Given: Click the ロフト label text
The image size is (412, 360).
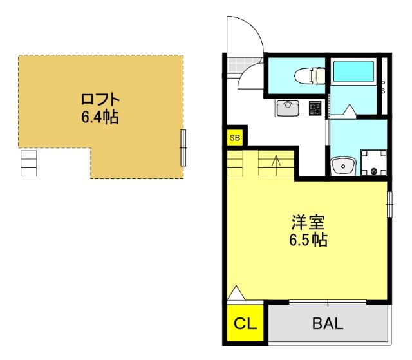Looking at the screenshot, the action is point(100,99).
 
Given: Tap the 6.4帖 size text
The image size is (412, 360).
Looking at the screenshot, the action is point(100,117).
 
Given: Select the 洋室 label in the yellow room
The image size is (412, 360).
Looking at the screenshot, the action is point(308,222).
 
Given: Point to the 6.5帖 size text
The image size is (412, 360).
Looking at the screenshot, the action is point(308,240).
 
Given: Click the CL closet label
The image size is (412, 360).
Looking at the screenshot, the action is point(245,324).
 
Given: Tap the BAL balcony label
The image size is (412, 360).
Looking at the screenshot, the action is point(328,323).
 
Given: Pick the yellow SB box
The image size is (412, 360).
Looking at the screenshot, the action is point(235,137).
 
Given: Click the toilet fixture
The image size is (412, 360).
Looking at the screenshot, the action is point(309,75).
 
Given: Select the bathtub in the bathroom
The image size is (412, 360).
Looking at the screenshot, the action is point(353,71).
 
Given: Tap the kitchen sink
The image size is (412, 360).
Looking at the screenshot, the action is point(288,108).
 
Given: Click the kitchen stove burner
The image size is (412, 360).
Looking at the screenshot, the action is point(315,109).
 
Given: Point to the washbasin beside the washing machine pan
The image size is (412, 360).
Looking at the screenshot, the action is point(343,166).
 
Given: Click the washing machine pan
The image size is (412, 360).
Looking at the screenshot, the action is point(373,163).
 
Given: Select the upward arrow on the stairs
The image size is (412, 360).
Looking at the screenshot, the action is point(276,166).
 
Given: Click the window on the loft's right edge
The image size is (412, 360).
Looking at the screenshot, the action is point(183,147).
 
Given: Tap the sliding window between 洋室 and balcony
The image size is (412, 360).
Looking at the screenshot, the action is point(328,302).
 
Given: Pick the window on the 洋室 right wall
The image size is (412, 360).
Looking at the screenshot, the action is point(389,204).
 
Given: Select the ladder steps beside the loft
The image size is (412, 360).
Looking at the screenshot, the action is point(28,163).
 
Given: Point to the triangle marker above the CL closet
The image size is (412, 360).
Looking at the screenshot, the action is point(236,293).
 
